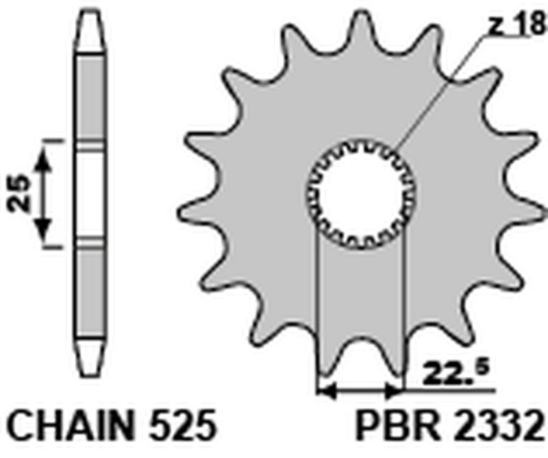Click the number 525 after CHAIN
(x=181, y=427)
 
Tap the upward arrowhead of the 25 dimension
(x=43, y=160)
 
